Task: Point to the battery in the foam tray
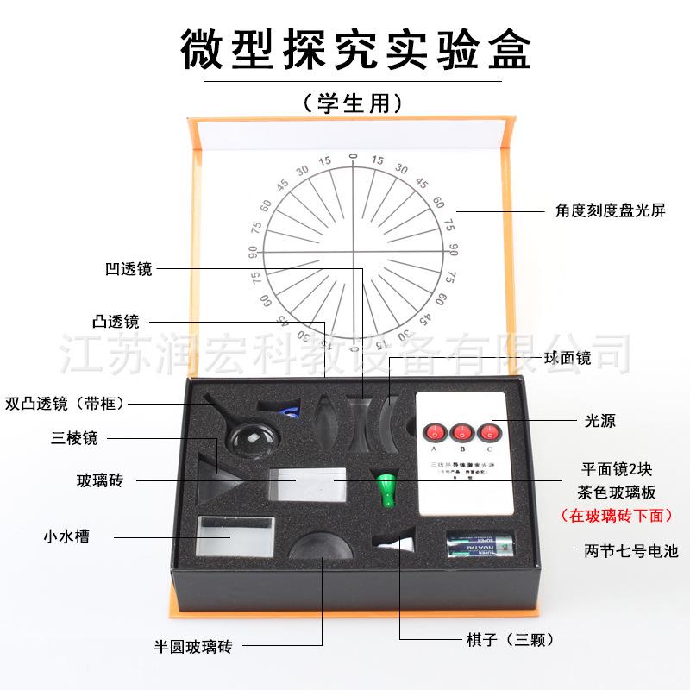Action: click(x=480, y=547)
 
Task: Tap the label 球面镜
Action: click(x=568, y=358)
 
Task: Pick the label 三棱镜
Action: click(x=74, y=438)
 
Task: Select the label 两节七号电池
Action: click(x=619, y=549)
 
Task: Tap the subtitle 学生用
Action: click(x=353, y=103)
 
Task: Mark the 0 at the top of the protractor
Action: click(x=352, y=157)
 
